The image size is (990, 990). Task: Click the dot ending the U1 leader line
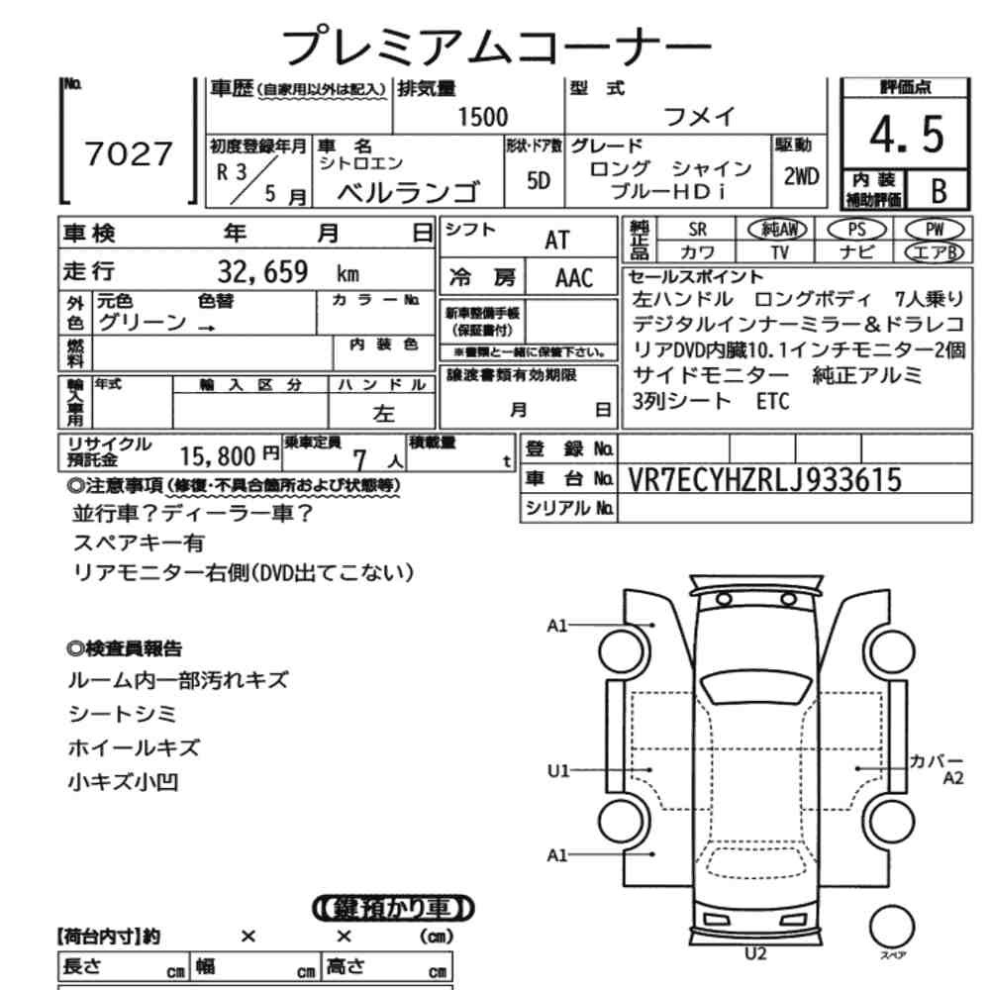click(x=650, y=769)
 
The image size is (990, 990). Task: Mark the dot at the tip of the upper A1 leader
click(x=652, y=625)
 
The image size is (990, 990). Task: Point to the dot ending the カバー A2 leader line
click(x=856, y=768)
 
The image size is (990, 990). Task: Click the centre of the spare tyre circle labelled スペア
click(x=892, y=927)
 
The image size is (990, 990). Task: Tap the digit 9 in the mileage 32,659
click(x=300, y=272)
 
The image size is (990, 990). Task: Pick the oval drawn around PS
click(x=856, y=230)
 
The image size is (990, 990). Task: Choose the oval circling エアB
click(x=936, y=251)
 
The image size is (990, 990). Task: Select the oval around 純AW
click(x=778, y=230)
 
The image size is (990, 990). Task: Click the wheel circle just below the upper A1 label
click(x=624, y=651)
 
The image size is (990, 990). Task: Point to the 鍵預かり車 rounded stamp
click(x=393, y=909)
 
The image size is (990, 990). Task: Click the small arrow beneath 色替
click(x=207, y=328)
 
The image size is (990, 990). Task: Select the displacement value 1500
click(x=482, y=118)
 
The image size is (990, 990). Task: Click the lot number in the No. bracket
click(x=128, y=153)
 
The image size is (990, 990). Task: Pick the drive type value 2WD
click(x=801, y=177)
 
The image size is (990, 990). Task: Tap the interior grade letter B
click(x=939, y=190)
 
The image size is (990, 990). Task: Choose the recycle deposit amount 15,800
click(x=218, y=455)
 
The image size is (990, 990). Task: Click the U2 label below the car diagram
click(x=755, y=953)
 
